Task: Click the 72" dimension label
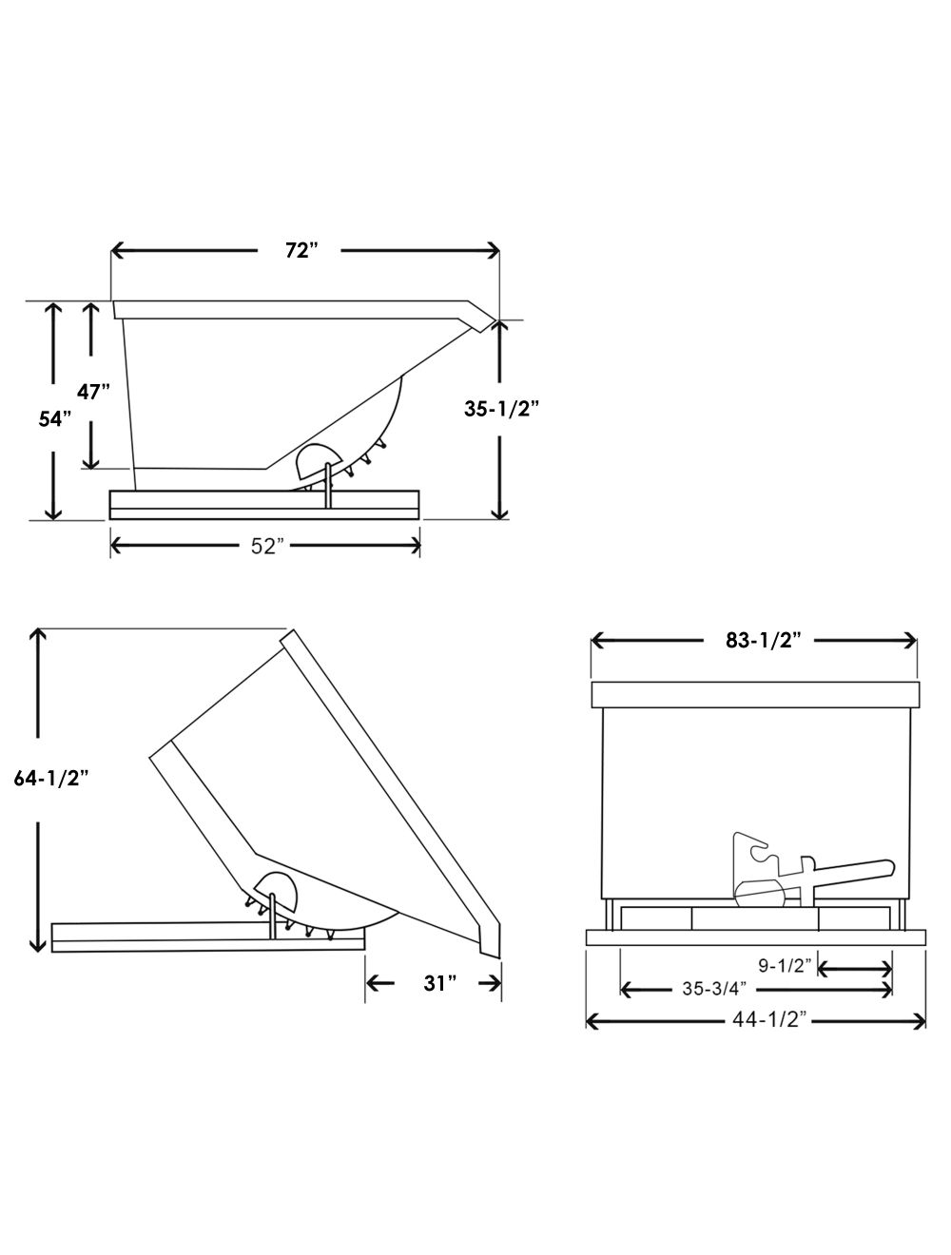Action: tap(301, 250)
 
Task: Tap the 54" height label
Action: tap(55, 419)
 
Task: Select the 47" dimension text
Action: tap(94, 391)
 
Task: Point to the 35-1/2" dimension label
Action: tap(502, 409)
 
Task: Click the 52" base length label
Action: tap(267, 546)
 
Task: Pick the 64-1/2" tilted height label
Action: tap(51, 777)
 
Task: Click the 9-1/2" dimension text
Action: tap(785, 966)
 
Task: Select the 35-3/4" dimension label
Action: tap(713, 989)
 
